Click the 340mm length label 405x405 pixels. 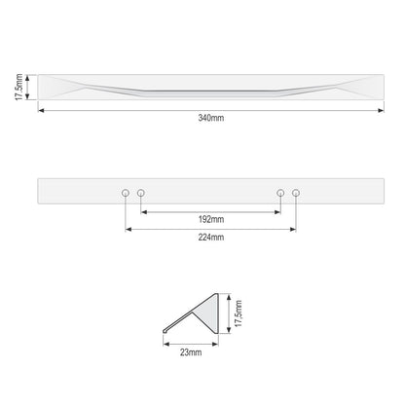pyautogui.click(x=211, y=118)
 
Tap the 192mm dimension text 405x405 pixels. pyautogui.click(x=211, y=219)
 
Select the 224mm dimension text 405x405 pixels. pyautogui.click(x=211, y=238)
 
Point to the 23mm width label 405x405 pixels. pyautogui.click(x=191, y=352)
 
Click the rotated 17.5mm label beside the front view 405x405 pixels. pyautogui.click(x=18, y=87)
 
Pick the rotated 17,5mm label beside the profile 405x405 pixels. pyautogui.click(x=239, y=313)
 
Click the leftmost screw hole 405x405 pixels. pyautogui.click(x=126, y=193)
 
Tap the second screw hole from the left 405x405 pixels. pyautogui.click(x=141, y=193)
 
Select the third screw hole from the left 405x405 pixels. pyautogui.click(x=280, y=193)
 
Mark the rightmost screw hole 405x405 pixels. pyautogui.click(x=296, y=193)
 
